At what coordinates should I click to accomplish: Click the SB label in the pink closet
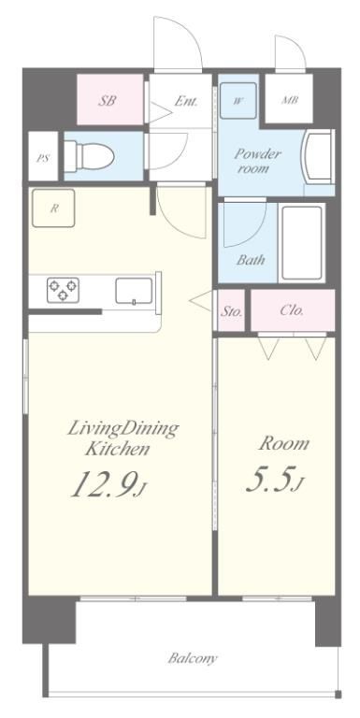(107, 100)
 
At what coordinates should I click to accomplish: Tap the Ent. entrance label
(186, 101)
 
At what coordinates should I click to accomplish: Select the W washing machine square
(238, 101)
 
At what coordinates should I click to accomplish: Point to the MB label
(290, 100)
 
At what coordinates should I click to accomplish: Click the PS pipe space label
(43, 160)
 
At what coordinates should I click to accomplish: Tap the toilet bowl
(89, 156)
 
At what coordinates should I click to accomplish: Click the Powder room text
(257, 161)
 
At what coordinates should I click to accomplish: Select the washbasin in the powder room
(317, 157)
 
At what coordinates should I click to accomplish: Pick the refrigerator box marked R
(53, 208)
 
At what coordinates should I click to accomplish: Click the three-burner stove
(63, 291)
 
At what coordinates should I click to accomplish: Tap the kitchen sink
(134, 291)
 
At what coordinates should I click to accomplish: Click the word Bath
(251, 260)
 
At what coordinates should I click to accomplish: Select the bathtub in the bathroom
(301, 243)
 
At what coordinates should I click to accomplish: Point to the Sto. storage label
(231, 311)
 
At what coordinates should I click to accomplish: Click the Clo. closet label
(292, 310)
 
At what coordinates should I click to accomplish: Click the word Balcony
(193, 659)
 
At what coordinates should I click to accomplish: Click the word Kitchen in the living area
(117, 449)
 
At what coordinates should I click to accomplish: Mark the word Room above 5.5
(284, 443)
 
